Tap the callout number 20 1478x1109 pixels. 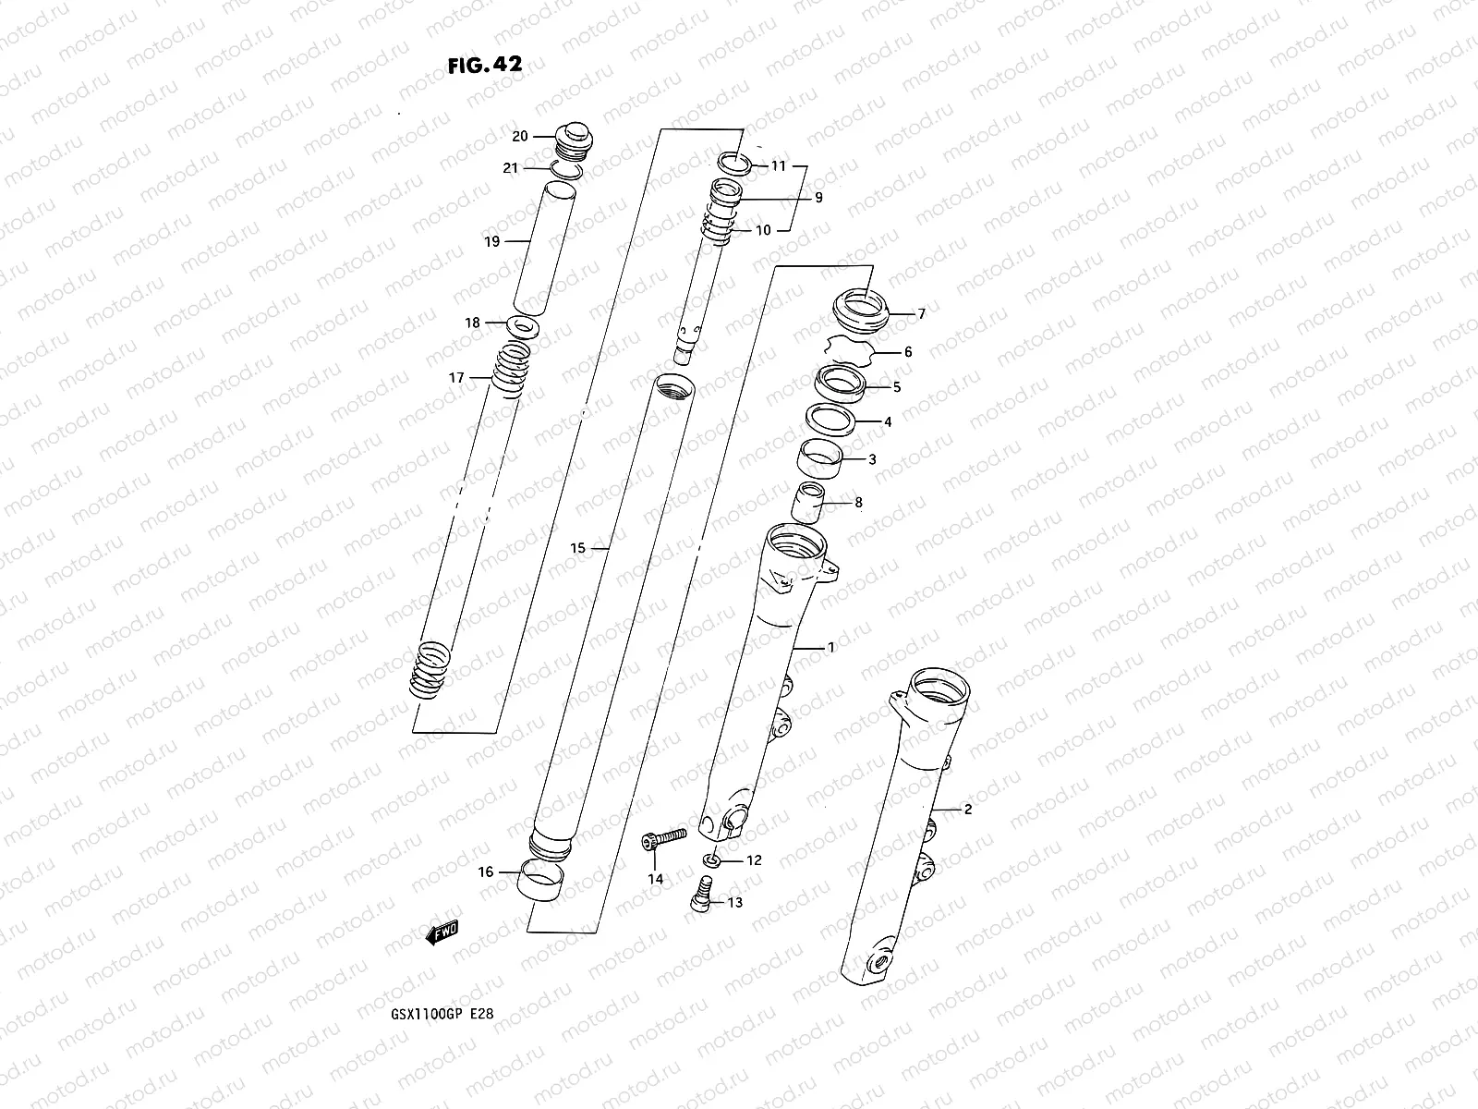[519, 136]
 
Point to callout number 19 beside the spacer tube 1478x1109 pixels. [491, 241]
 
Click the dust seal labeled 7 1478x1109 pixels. [860, 308]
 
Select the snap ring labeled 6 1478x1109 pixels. [850, 352]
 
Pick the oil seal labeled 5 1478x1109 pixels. [841, 384]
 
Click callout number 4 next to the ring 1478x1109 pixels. [888, 422]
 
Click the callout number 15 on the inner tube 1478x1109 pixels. [577, 548]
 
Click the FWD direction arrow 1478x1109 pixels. [443, 933]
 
